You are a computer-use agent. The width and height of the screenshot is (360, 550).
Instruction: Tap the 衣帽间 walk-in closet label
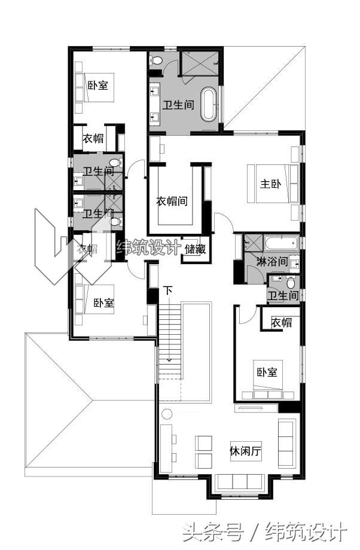click(172, 201)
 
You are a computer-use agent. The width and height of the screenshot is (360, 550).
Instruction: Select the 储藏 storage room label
click(195, 249)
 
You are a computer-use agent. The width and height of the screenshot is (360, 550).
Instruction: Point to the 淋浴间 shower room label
click(272, 261)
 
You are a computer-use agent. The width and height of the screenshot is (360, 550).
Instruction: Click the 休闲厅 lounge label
click(246, 451)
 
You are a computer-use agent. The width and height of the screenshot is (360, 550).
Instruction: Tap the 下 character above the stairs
click(169, 291)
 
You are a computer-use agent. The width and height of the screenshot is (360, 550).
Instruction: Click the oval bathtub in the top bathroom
click(209, 105)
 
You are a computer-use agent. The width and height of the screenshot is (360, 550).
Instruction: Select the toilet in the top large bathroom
click(157, 60)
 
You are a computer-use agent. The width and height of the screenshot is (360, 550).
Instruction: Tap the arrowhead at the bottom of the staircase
click(169, 360)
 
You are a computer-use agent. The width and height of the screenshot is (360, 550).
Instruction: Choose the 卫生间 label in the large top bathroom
click(179, 105)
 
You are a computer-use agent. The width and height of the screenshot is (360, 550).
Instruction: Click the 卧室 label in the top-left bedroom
click(97, 85)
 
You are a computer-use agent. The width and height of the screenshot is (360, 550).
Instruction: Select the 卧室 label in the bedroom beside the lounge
click(267, 372)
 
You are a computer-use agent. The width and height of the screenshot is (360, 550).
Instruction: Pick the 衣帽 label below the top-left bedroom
click(92, 139)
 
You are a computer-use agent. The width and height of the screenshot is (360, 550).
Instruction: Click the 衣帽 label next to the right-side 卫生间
click(281, 322)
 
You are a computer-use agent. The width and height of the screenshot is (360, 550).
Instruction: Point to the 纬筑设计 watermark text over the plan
click(148, 247)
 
